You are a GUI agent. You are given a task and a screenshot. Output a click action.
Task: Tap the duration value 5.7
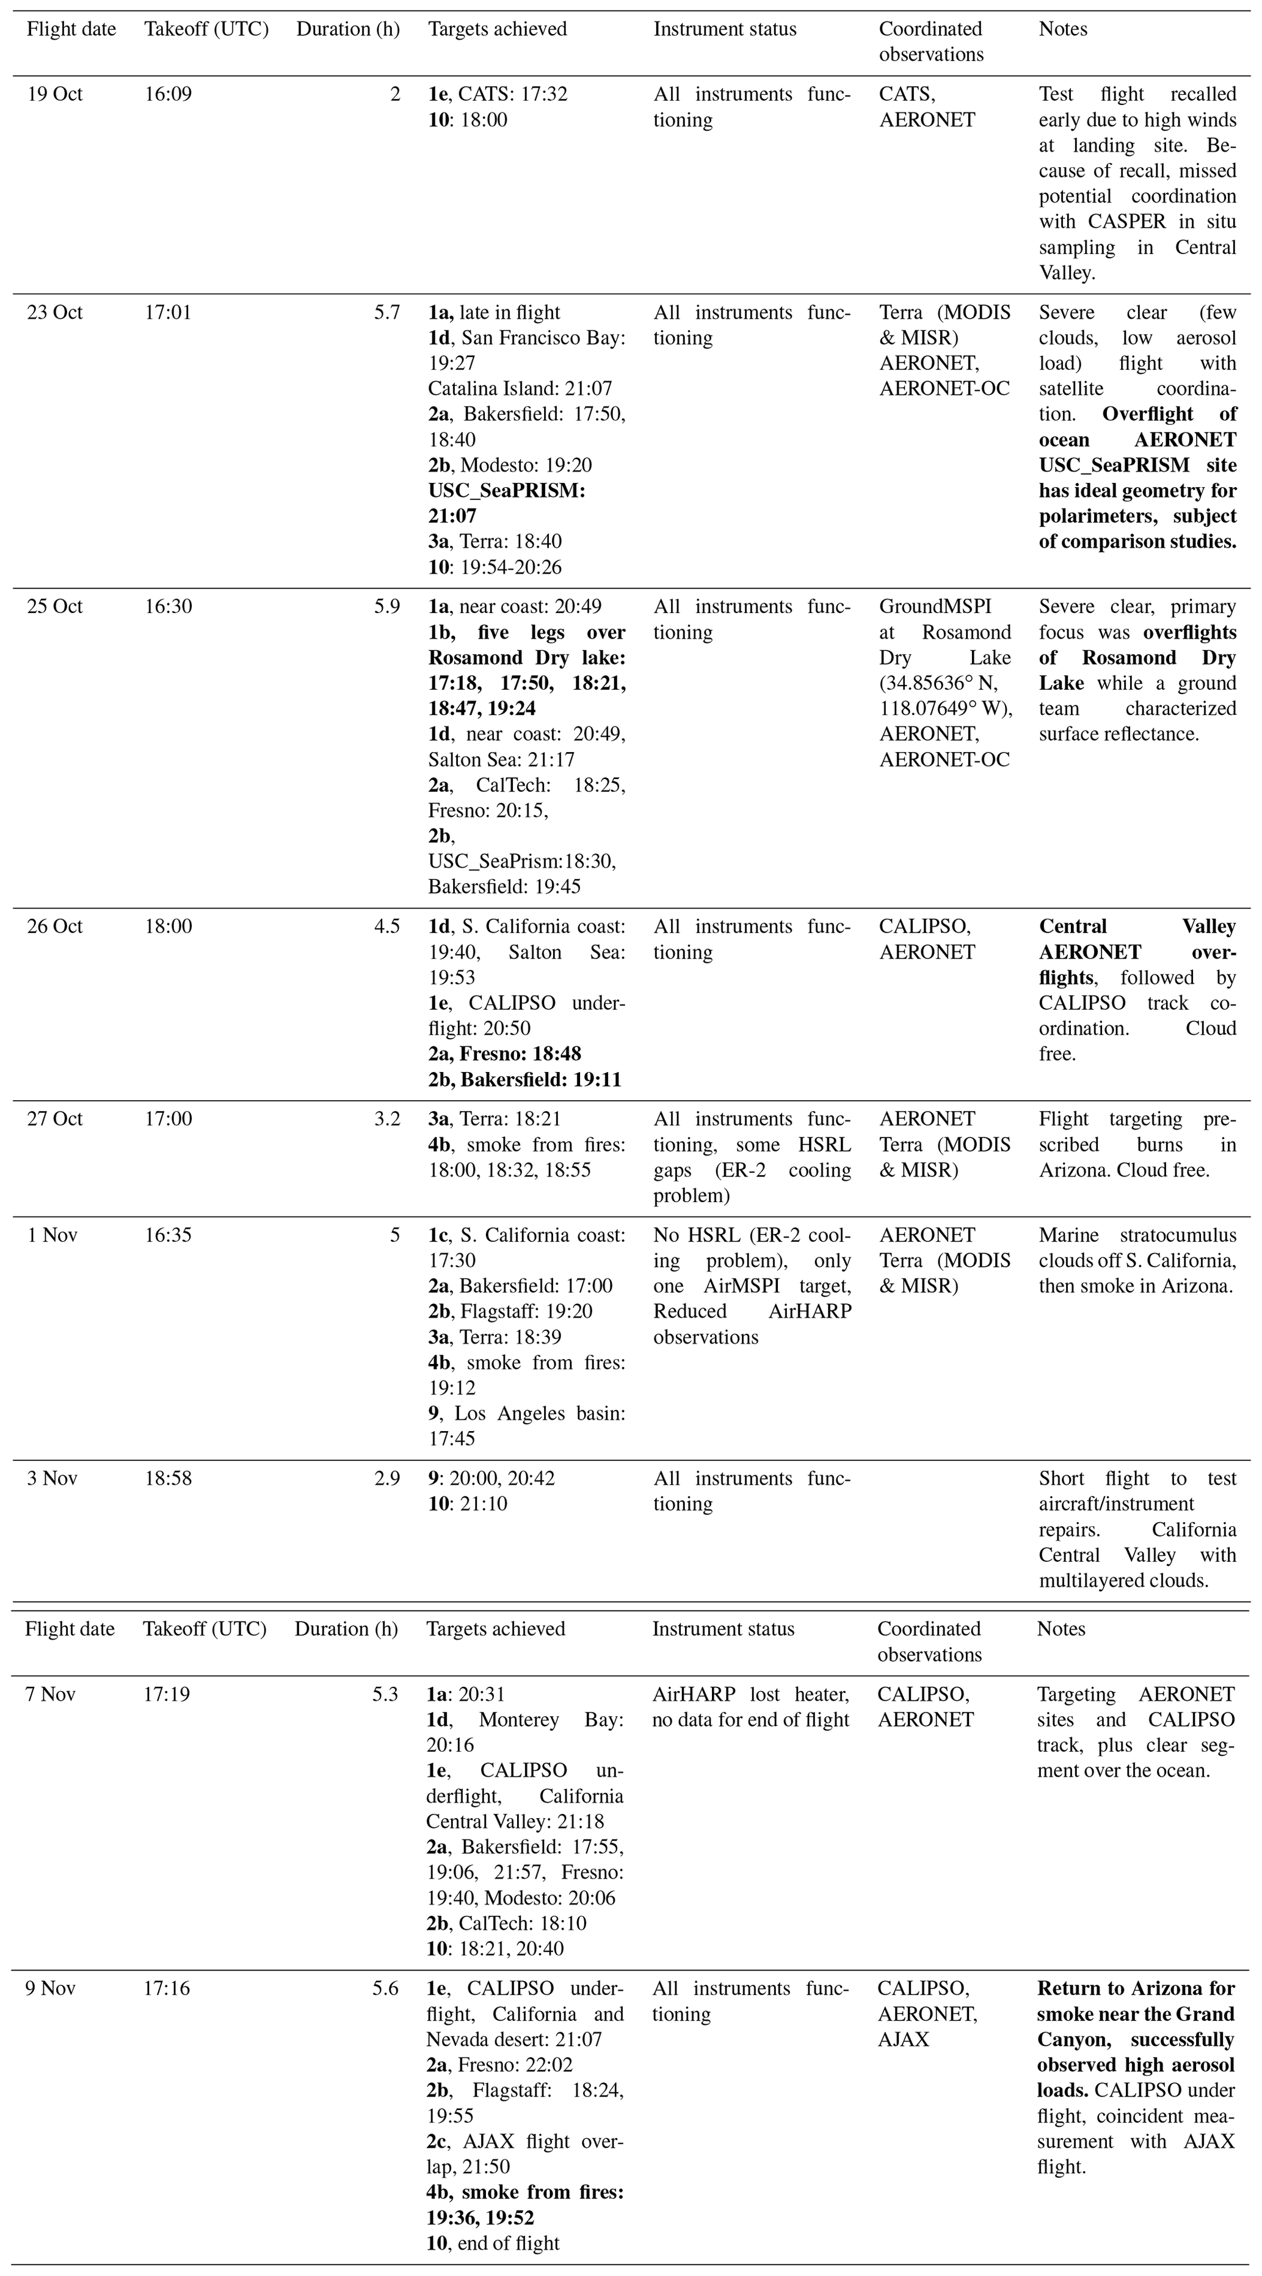pyautogui.click(x=387, y=313)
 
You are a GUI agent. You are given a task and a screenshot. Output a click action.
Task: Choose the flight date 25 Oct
pyautogui.click(x=55, y=607)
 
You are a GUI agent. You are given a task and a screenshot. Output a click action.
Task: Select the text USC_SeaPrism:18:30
pyautogui.click(x=521, y=861)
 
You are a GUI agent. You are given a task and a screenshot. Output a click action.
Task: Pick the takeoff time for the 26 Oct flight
pyautogui.click(x=168, y=927)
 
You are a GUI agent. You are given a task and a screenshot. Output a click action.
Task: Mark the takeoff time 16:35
pyautogui.click(x=168, y=1235)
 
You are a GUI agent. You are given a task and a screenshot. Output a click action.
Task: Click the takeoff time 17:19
pyautogui.click(x=166, y=1695)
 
